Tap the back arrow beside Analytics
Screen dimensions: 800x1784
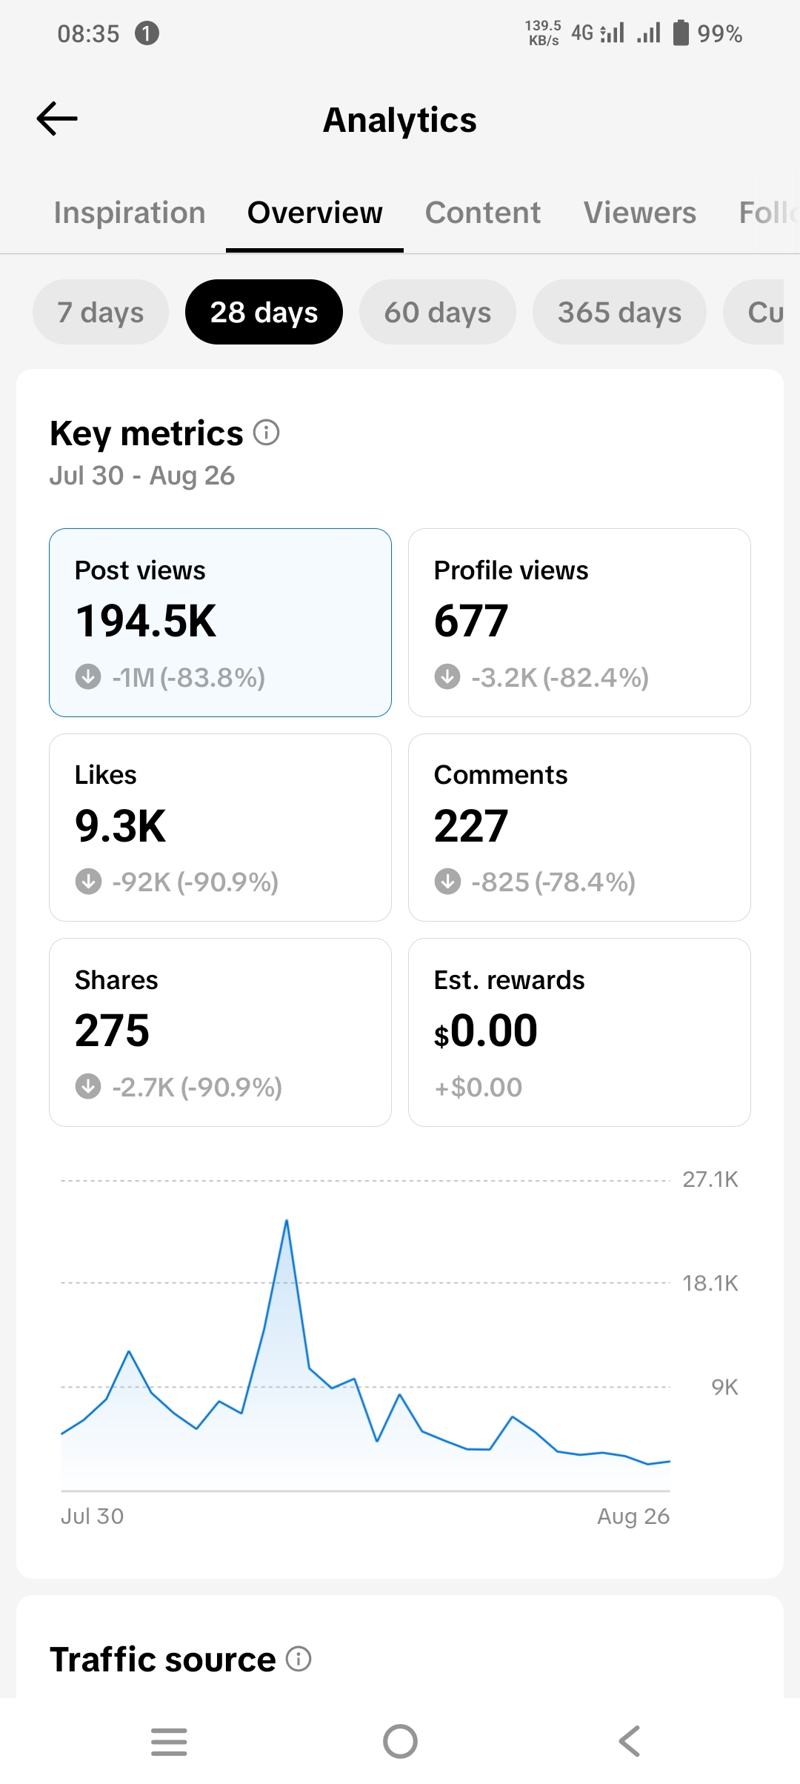(57, 119)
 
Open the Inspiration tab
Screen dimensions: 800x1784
(130, 213)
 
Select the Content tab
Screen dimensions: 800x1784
(483, 213)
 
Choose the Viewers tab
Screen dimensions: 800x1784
(640, 213)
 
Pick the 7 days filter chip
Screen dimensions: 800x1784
(101, 312)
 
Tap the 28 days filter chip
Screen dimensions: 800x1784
(264, 312)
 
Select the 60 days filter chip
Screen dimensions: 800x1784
(438, 312)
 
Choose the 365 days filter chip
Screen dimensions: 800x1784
(619, 312)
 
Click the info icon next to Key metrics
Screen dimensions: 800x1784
(267, 432)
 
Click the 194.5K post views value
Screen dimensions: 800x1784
(146, 621)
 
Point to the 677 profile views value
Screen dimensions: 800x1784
(471, 621)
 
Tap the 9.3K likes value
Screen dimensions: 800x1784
(121, 826)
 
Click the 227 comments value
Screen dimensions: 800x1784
(471, 826)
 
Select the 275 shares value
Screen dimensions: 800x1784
(113, 1031)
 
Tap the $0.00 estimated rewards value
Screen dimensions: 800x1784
(486, 1031)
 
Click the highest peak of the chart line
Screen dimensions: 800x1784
(287, 1220)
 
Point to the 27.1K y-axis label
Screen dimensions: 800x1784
(710, 1179)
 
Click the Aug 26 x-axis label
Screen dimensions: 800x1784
(633, 1517)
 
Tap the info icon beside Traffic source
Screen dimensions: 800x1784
(299, 1659)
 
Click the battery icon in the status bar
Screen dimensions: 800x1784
(681, 33)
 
